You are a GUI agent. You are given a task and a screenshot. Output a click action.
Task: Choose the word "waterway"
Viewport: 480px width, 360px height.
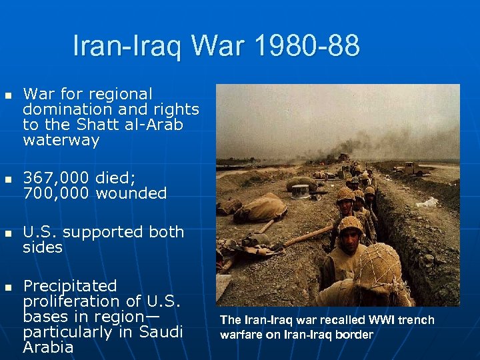(61, 140)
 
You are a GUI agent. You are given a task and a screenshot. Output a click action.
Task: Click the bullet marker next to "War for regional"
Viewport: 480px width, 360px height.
(8, 95)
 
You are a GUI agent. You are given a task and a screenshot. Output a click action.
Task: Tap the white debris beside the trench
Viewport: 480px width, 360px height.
(427, 202)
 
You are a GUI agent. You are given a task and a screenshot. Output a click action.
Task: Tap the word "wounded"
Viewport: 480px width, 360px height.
(131, 194)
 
